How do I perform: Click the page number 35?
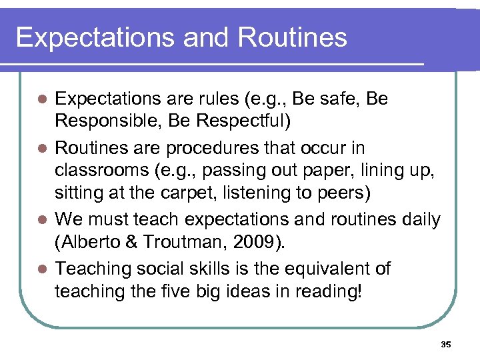click(446, 345)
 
